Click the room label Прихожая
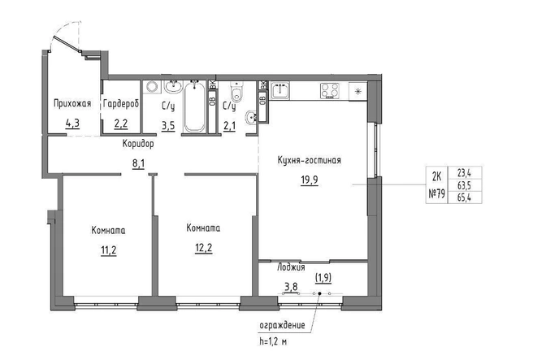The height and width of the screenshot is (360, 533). [x=72, y=103]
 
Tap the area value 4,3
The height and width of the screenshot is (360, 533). [x=72, y=123]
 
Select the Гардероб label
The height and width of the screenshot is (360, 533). [x=121, y=104]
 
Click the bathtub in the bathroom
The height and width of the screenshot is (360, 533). [x=195, y=106]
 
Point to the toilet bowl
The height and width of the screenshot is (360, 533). [x=236, y=92]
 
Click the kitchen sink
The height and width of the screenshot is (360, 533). [x=280, y=91]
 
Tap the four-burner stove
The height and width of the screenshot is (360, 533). [x=329, y=91]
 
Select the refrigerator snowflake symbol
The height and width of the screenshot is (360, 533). [x=358, y=91]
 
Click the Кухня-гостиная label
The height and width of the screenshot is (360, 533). [x=309, y=160]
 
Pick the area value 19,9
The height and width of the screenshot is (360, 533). [x=310, y=180]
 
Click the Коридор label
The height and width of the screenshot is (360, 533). [x=138, y=144]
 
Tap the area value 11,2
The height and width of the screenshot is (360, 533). [x=108, y=250]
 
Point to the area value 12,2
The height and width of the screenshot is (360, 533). [x=204, y=248]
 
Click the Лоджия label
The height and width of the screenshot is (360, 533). [x=291, y=267]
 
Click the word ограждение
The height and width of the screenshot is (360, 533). [x=282, y=325]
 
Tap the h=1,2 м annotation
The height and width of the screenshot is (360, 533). [x=273, y=341]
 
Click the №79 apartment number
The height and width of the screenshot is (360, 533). [x=437, y=194]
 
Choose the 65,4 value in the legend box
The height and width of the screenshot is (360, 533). [x=464, y=197]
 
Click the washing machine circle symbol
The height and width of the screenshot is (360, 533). [x=151, y=87]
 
